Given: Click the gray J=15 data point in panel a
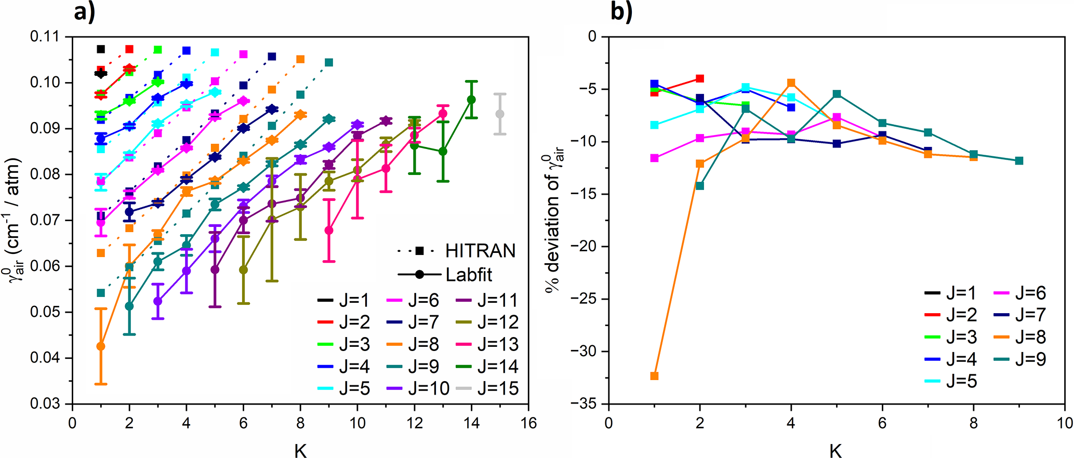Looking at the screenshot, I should tap(500, 114).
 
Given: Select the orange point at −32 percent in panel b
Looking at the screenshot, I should tap(654, 375).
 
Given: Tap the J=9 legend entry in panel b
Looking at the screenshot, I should tap(1019, 359).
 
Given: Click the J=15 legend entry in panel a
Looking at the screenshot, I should tap(487, 388).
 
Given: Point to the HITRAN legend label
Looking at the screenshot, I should tap(480, 251).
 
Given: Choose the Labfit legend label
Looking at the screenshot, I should tap(469, 275).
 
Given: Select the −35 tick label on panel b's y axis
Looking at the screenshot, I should tap(586, 403).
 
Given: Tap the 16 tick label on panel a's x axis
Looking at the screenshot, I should tap(528, 423).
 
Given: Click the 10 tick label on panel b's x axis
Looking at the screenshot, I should tap(1065, 423).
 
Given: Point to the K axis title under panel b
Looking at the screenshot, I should tap(836, 450).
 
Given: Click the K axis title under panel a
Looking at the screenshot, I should tap(300, 450).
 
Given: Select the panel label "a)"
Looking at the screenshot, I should tap(85, 11).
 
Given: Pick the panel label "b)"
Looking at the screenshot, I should tap(621, 11).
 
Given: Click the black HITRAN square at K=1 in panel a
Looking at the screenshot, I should tap(101, 49).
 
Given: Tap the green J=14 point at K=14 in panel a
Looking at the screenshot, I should tap(471, 100).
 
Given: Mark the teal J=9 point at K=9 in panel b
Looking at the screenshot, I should tap(1019, 160).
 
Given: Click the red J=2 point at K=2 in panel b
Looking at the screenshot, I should tap(700, 78).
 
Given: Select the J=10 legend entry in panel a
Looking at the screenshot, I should tap(418, 388).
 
